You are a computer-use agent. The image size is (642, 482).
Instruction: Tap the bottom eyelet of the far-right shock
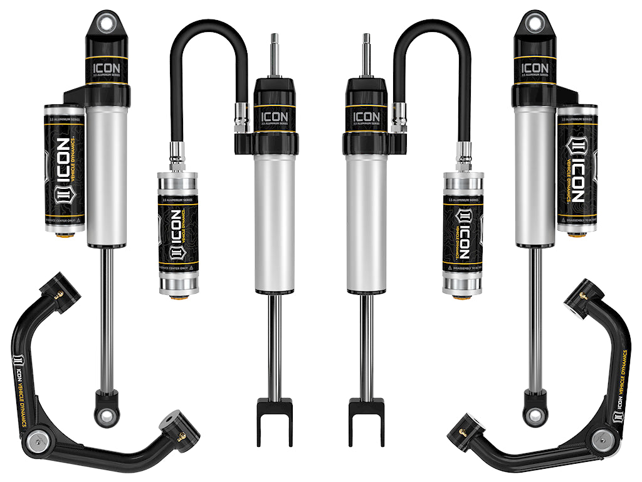click(x=535, y=415)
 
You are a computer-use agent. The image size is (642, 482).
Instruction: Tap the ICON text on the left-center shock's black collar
click(x=273, y=117)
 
